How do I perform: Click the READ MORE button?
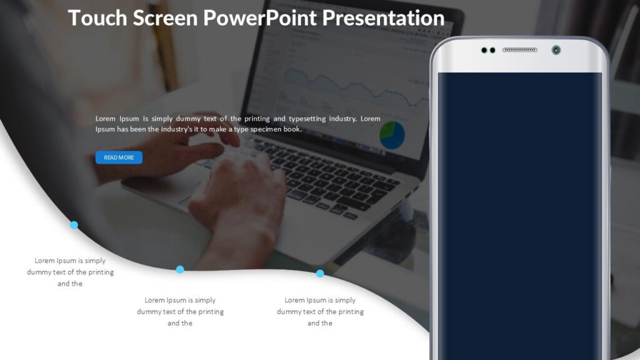pyautogui.click(x=119, y=157)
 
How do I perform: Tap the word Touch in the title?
pyautogui.click(x=97, y=17)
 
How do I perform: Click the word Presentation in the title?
pyautogui.click(x=383, y=17)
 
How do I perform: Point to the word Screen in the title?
pyautogui.click(x=166, y=17)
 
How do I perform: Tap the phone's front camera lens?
pyautogui.click(x=556, y=50)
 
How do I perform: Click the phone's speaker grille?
pyautogui.click(x=519, y=50)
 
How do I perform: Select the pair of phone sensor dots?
pyautogui.click(x=488, y=50)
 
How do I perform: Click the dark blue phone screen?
pyautogui.click(x=519, y=212)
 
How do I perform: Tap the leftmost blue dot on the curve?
pyautogui.click(x=74, y=225)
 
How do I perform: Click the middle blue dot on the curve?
pyautogui.click(x=180, y=269)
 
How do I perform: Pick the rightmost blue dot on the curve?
pyautogui.click(x=320, y=273)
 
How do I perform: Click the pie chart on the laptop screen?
pyautogui.click(x=392, y=135)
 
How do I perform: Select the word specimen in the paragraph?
pyautogui.click(x=266, y=129)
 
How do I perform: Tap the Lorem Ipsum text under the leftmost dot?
pyautogui.click(x=70, y=272)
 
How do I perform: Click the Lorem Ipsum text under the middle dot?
pyautogui.click(x=180, y=311)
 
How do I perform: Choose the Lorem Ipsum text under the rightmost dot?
pyautogui.click(x=320, y=311)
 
